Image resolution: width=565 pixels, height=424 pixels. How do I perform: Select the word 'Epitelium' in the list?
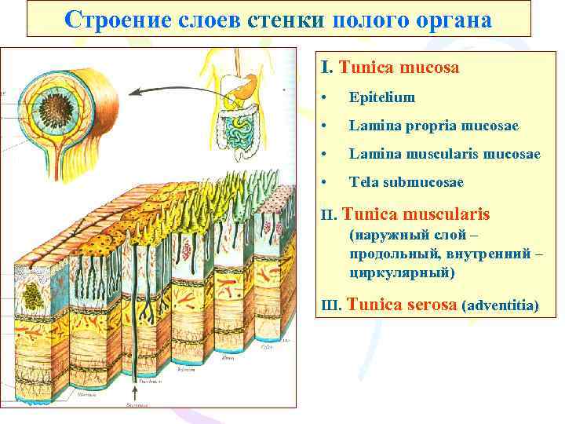pos(381,98)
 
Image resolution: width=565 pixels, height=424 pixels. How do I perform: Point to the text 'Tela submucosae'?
pos(406,182)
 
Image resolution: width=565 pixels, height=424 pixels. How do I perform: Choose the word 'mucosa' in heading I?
pos(429,68)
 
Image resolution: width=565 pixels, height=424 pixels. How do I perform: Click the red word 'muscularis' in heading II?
pos(447,214)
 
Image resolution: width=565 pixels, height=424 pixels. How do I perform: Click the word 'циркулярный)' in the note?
pos(403,272)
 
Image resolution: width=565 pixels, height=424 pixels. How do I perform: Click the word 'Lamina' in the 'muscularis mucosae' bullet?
pos(370,154)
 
